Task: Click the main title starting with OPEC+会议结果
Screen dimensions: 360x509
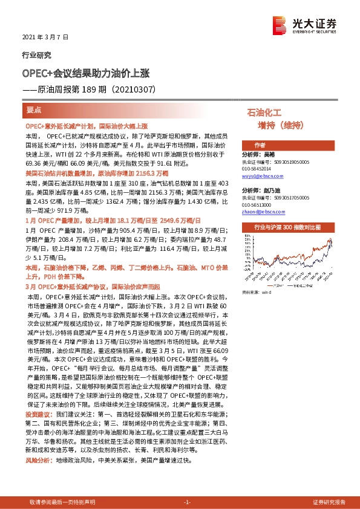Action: coord(85,73)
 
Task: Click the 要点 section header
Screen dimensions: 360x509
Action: coord(34,111)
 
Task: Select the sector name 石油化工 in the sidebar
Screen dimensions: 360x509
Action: coord(266,112)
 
